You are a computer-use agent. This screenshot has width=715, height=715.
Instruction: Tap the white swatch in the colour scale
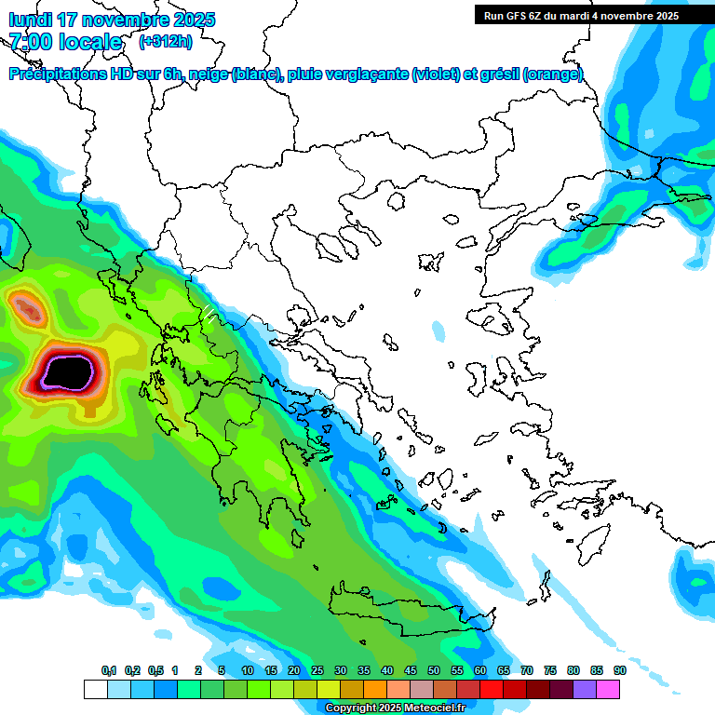pos(95,689)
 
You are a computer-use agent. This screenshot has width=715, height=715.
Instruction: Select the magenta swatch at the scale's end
pos(608,689)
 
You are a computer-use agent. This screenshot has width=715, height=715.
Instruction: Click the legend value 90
pos(620,670)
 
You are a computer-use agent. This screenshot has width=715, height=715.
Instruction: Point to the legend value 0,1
pos(109,670)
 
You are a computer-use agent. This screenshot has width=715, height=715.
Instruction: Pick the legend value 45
pos(411,670)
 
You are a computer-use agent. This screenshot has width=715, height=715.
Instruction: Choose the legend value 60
pos(480,670)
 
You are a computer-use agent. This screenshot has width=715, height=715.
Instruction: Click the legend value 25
pos(317,670)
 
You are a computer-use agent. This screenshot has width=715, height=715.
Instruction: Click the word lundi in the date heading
pos(31,20)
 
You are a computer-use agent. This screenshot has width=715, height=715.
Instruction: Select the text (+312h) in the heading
pos(165,42)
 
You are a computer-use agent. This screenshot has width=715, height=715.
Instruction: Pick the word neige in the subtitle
pos(209,74)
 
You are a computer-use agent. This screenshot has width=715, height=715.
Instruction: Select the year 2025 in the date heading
pos(192,20)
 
